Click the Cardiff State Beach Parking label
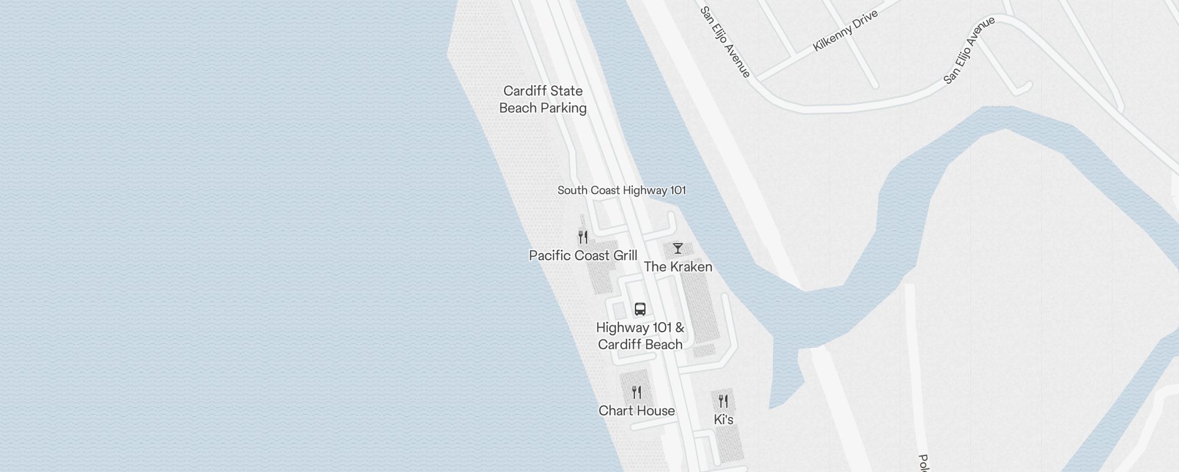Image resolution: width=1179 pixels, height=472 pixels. click(x=542, y=99)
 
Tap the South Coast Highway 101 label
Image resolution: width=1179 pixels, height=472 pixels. click(x=621, y=190)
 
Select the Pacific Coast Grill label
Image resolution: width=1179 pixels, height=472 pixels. click(x=583, y=255)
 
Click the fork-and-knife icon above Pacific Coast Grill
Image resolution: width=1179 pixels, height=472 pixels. click(x=583, y=237)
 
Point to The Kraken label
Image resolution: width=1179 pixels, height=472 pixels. click(x=678, y=267)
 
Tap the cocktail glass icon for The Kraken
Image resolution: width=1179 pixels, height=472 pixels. click(x=678, y=248)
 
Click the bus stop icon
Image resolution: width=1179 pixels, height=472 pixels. click(x=640, y=309)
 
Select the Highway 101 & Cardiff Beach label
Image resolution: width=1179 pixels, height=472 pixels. click(x=640, y=336)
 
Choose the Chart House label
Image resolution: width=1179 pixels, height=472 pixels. click(x=637, y=411)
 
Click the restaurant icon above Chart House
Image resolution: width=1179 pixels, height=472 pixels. click(x=637, y=392)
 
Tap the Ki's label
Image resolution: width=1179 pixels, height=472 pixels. click(x=723, y=419)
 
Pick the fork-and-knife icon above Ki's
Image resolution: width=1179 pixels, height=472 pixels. click(x=723, y=401)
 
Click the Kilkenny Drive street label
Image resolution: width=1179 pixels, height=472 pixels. click(x=845, y=31)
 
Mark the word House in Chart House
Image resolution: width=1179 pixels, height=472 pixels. click(x=656, y=411)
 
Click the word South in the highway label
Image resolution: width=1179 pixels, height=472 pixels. click(x=571, y=190)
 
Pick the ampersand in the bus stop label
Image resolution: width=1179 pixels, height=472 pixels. click(x=679, y=327)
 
